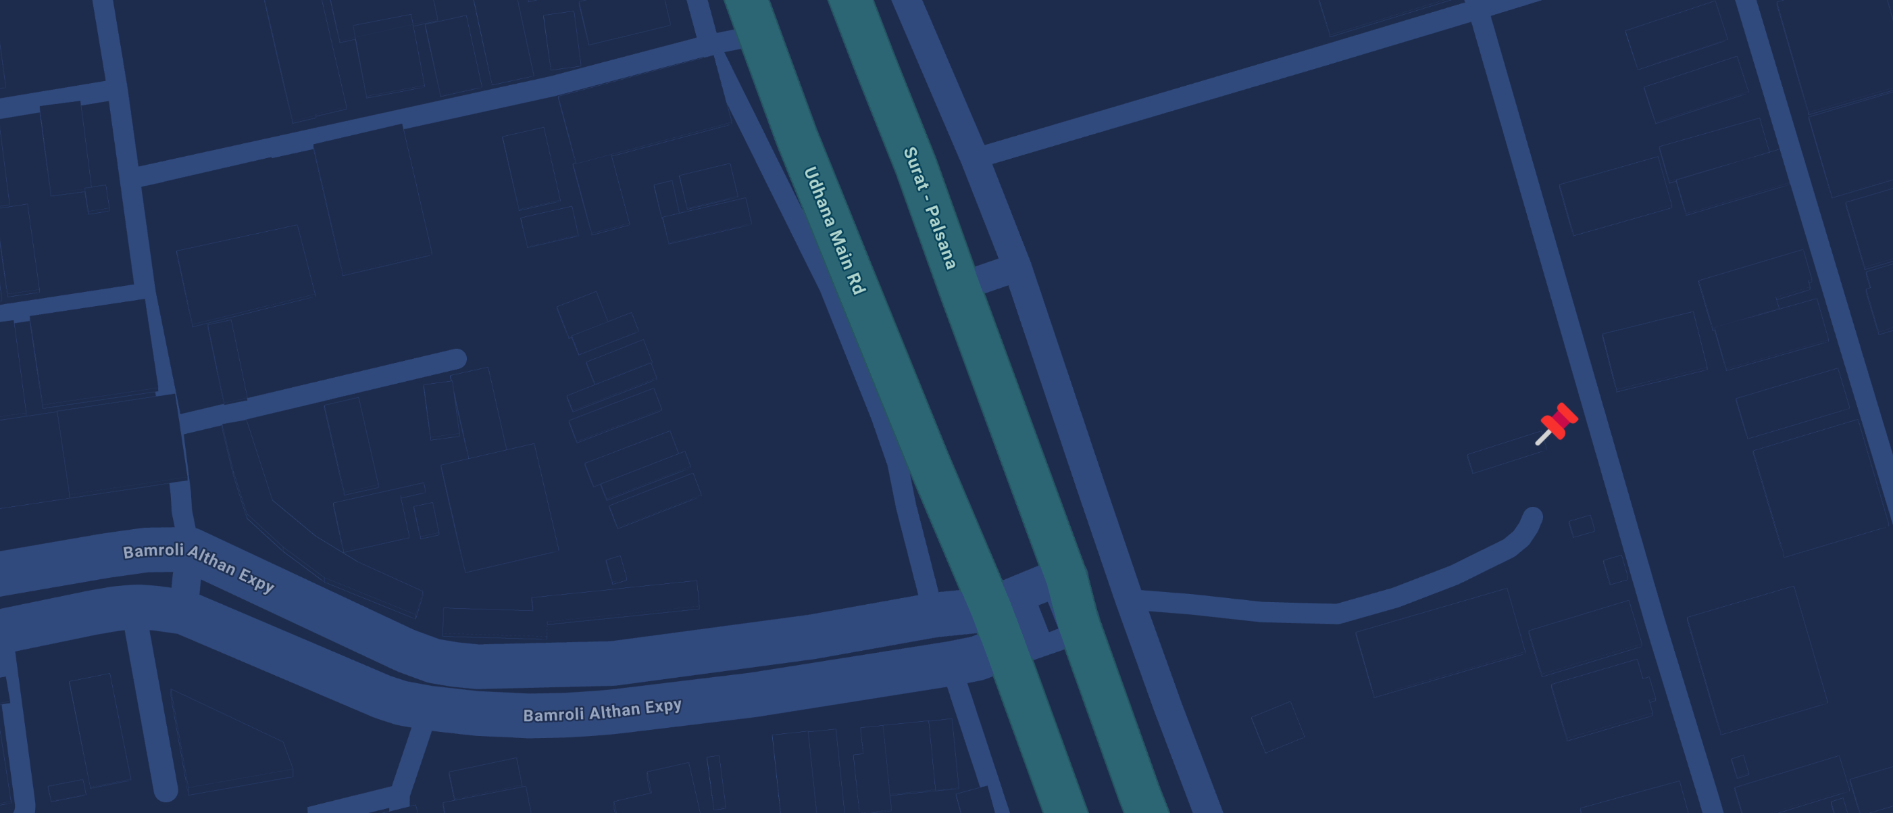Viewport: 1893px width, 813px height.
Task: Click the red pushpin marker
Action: click(x=1557, y=424)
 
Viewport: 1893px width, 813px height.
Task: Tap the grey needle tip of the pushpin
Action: click(x=1538, y=443)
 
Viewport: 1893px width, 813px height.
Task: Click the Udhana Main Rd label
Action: click(x=834, y=230)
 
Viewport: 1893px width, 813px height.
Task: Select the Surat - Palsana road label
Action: click(x=930, y=208)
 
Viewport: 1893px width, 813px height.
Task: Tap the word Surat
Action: click(x=914, y=168)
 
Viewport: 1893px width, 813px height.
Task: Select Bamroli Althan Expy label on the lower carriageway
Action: click(x=602, y=710)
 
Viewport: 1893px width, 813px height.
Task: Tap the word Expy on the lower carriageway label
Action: click(x=663, y=706)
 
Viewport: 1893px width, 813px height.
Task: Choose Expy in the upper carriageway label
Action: click(x=257, y=581)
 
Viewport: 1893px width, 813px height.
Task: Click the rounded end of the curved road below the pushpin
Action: click(x=1532, y=517)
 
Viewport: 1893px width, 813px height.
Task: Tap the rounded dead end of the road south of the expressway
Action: click(x=166, y=791)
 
